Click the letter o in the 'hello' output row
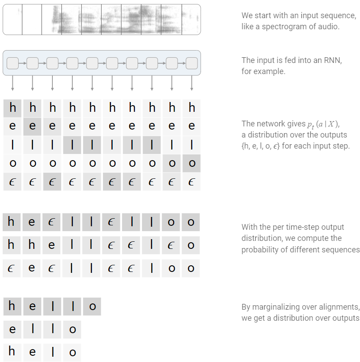coord(92,307)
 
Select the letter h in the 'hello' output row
coord(12,306)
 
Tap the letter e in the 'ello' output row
coord(12,330)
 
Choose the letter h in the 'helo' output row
coord(12,352)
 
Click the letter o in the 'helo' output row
coord(72,353)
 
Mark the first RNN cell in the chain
coord(12,63)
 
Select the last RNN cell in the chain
coord(192,63)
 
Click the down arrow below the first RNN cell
coord(12,84)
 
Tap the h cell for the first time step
coord(12,108)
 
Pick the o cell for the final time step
coord(192,163)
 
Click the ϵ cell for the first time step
coord(12,182)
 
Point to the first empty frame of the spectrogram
coord(12,20)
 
